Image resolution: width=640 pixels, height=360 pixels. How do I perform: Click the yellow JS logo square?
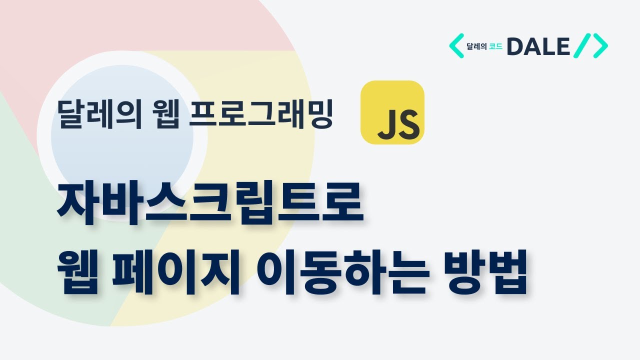pos(392,112)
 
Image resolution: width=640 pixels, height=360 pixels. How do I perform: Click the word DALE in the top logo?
pos(538,47)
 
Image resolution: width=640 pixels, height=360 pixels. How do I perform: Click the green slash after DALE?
pos(582,46)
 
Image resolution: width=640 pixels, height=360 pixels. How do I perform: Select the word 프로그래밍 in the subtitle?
pos(262,114)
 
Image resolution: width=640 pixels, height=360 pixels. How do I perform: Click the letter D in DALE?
pos(516,47)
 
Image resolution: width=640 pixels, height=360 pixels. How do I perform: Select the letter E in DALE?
pos(562,47)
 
